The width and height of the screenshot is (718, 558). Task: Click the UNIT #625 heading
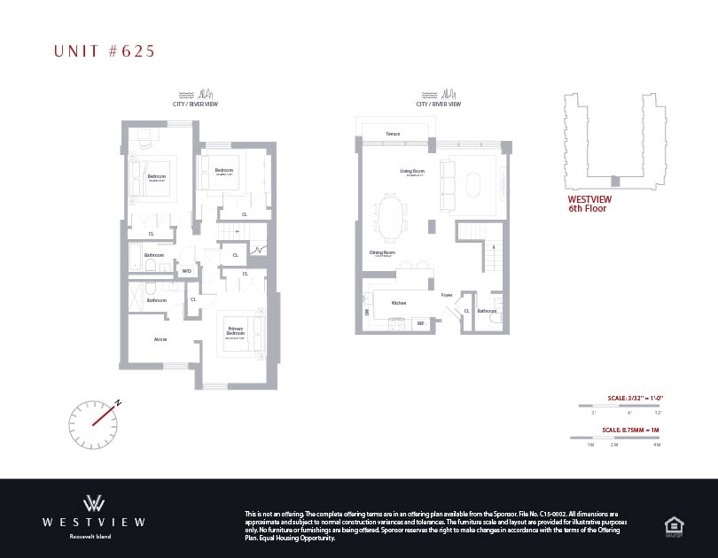(x=105, y=51)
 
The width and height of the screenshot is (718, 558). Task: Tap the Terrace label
(x=393, y=135)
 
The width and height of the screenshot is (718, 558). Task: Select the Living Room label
(x=413, y=171)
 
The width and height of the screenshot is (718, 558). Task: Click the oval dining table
(x=390, y=217)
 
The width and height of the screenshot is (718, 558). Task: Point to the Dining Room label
(x=382, y=252)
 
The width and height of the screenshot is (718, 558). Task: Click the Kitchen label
(x=399, y=303)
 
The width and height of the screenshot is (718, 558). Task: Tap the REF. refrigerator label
(x=422, y=324)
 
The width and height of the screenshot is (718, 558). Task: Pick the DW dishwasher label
(x=366, y=312)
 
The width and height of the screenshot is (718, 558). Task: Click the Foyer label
(x=447, y=295)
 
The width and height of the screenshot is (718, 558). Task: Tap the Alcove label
(x=160, y=338)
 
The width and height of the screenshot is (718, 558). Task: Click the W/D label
(x=187, y=271)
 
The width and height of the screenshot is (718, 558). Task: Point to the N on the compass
(x=117, y=404)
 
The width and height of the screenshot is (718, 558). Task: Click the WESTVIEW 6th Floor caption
(x=589, y=204)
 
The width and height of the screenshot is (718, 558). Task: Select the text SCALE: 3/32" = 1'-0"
(x=628, y=398)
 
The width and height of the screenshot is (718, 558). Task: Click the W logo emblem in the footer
(x=94, y=502)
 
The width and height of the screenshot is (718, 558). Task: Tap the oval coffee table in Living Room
(x=470, y=184)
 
